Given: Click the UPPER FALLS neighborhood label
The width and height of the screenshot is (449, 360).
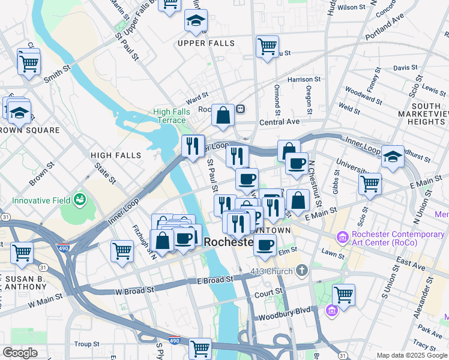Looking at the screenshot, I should click(206, 43).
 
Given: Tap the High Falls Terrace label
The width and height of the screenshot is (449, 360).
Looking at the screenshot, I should click(169, 116).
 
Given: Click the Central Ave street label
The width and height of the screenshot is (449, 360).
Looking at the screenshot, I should click(279, 122).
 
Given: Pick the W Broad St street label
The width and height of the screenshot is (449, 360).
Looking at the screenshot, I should click(134, 290).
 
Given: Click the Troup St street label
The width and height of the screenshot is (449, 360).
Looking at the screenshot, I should click(87, 344).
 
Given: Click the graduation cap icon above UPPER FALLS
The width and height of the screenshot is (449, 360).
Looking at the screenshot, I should click(196, 21).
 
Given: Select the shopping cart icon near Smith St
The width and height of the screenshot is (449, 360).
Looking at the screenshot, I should click(29, 62).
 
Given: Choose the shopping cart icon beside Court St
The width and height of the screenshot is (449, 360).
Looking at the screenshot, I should click(343, 294).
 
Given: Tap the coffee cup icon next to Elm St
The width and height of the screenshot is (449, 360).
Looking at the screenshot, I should click(265, 244).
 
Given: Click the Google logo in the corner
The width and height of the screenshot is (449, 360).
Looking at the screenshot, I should click(20, 353).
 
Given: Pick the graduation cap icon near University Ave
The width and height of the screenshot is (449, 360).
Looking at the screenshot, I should click(393, 157).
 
